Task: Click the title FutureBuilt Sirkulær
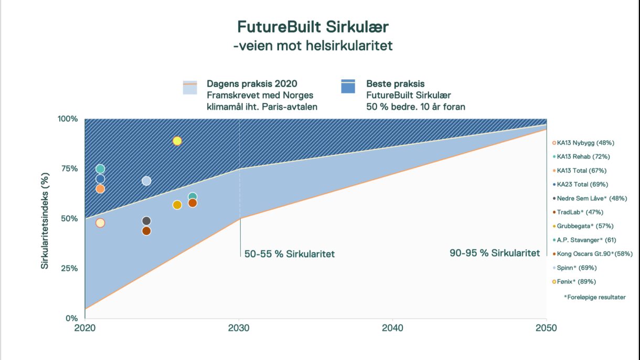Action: coord(313,27)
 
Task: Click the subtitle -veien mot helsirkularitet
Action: coord(313,46)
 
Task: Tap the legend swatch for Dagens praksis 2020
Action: coord(190,87)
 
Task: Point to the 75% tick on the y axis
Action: coord(67,168)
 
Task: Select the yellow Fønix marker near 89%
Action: coord(177,141)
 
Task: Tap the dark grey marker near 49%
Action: coord(146,221)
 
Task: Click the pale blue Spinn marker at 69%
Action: coord(146,181)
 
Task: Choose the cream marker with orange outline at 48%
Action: coord(100,223)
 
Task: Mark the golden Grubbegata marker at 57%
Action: coord(177,205)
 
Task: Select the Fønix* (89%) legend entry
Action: coord(576,282)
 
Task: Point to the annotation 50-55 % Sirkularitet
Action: coord(290,255)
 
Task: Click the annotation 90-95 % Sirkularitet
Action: coord(495,253)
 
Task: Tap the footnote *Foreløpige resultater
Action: coord(595,297)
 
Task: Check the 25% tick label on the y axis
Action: coord(67,268)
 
